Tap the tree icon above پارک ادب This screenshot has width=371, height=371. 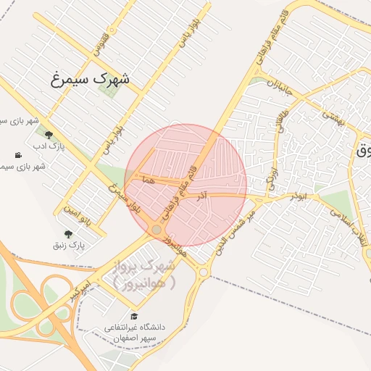49,134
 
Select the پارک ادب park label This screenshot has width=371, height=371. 49,147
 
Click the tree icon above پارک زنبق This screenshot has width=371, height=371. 69,233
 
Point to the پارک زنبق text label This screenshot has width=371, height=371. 69,246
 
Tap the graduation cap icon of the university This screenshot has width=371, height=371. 133,316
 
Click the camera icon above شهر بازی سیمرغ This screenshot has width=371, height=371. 18,155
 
